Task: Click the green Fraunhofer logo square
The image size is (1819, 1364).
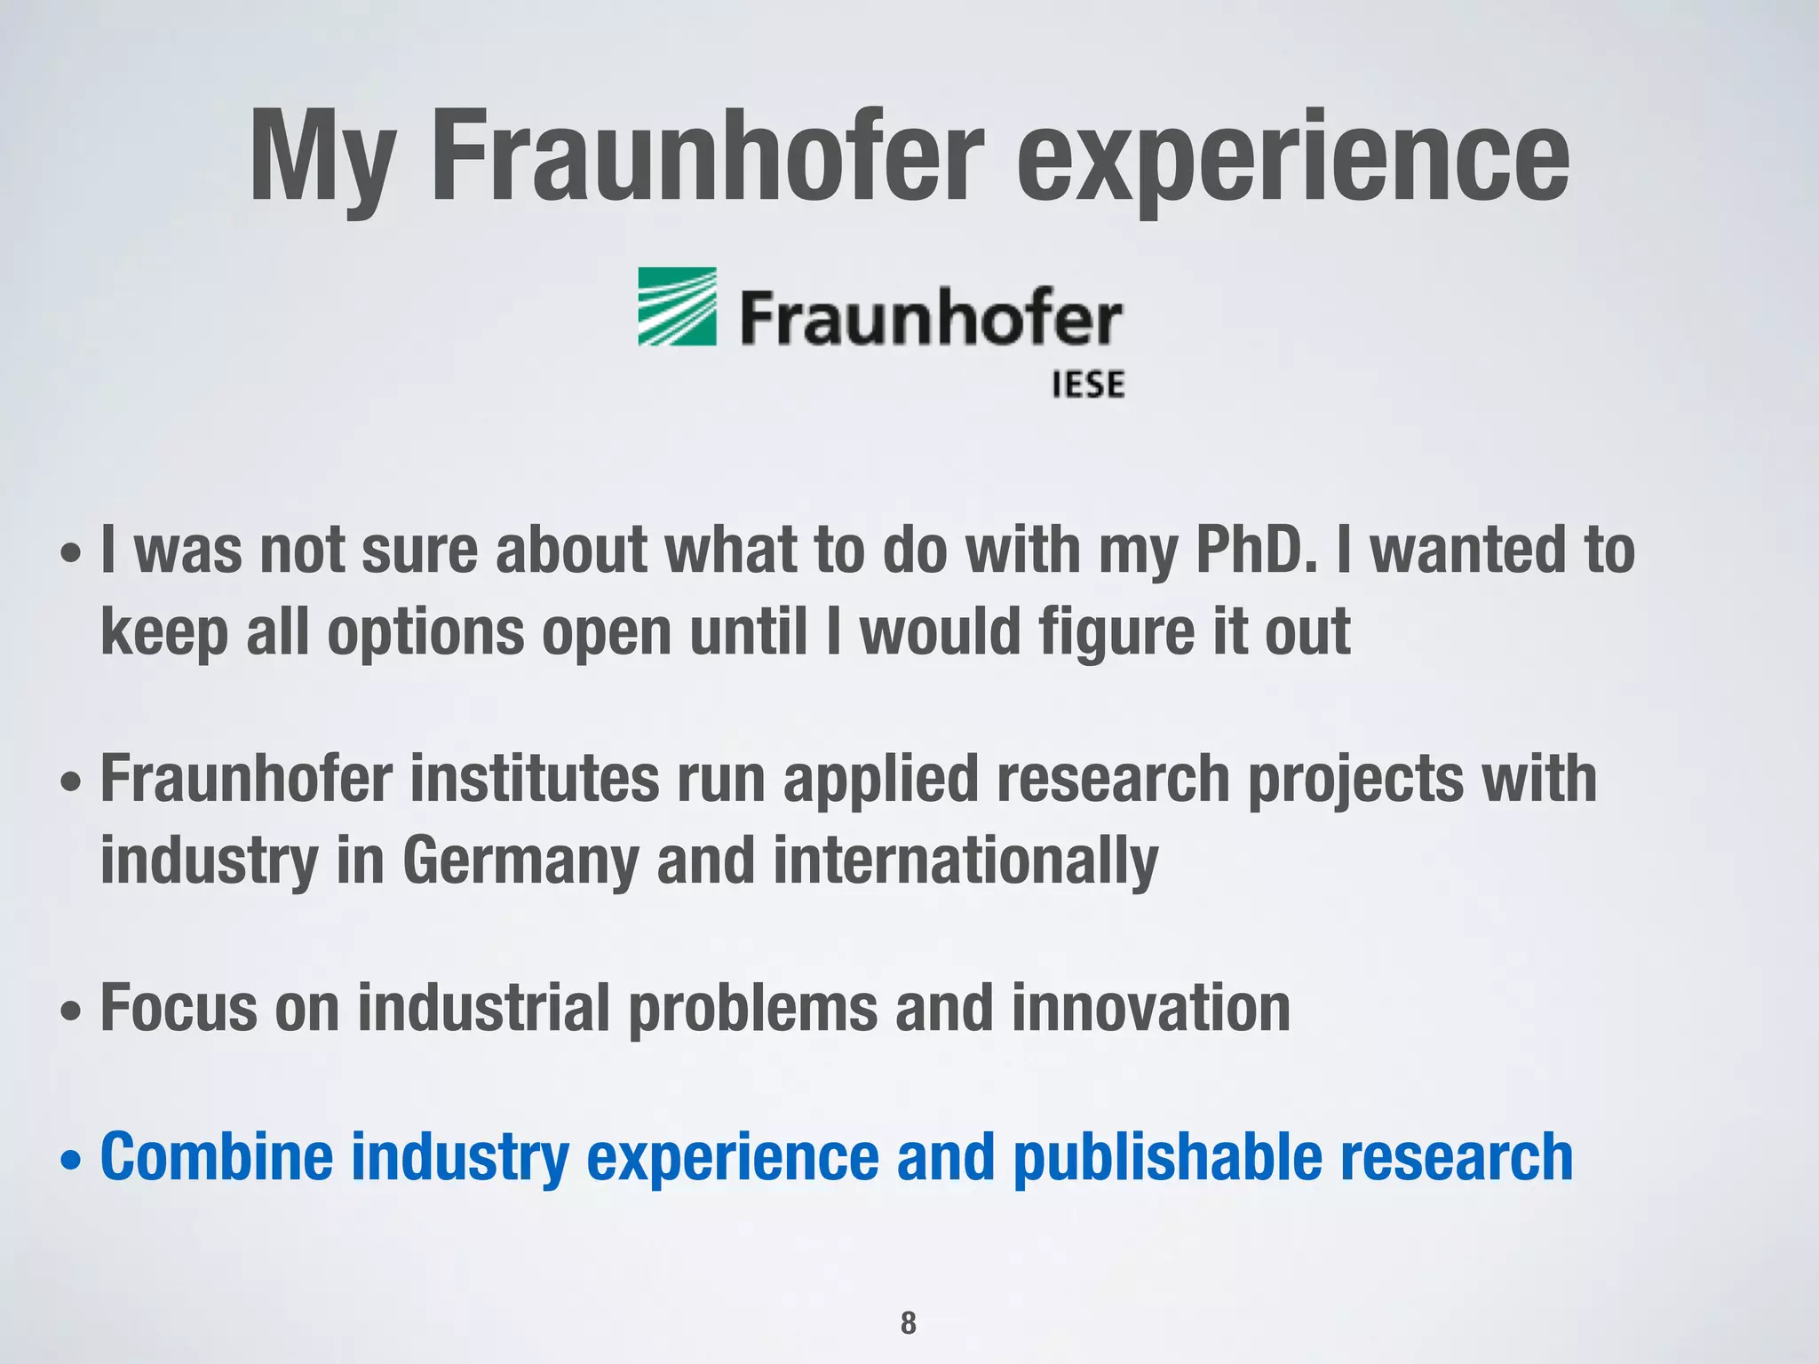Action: [x=677, y=306]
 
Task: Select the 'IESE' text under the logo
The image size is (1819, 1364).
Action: [x=1088, y=385]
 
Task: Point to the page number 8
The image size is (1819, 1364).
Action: [x=908, y=1322]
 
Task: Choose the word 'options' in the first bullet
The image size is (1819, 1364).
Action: [x=425, y=634]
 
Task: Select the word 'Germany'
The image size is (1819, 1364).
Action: [x=520, y=861]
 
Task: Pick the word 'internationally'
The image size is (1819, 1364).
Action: [x=965, y=861]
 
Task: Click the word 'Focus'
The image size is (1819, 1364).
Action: [x=179, y=1008]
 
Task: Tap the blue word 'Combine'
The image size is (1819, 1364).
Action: [x=217, y=1157]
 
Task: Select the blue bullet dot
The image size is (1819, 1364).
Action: [x=71, y=1160]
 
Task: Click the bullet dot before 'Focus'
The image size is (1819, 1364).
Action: [x=71, y=1011]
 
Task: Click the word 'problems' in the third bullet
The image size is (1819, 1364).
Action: [x=753, y=1008]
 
